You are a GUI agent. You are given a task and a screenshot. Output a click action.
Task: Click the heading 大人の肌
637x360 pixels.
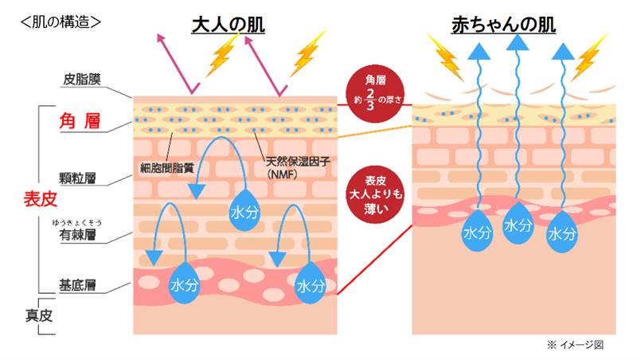(x=228, y=25)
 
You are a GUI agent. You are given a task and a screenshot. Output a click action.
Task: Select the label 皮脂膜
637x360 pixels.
(x=82, y=80)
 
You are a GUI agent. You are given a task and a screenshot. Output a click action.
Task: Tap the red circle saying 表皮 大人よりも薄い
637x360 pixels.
(x=374, y=194)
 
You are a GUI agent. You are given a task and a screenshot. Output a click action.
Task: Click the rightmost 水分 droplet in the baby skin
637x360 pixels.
(x=562, y=232)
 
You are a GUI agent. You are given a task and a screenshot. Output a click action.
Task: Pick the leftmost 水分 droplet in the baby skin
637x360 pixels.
(x=476, y=232)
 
